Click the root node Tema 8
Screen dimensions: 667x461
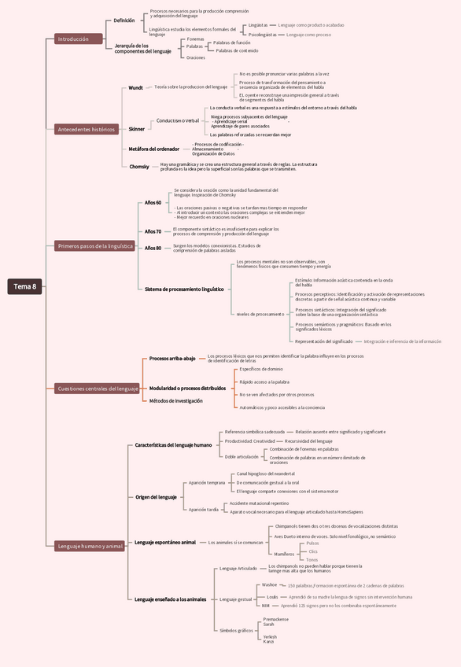tap(24, 286)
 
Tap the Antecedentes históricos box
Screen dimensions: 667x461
tap(87, 129)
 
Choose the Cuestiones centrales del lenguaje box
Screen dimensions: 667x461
tap(98, 388)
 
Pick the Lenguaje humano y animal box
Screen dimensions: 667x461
tap(90, 546)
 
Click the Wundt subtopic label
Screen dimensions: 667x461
tap(136, 88)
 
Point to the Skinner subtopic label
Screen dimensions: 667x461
tap(137, 128)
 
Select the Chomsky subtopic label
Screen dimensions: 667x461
tap(139, 167)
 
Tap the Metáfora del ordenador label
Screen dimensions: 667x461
tap(154, 149)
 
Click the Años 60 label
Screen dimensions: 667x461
tap(153, 203)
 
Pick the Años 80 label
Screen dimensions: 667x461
tap(153, 248)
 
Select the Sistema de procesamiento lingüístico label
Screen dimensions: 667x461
tap(184, 289)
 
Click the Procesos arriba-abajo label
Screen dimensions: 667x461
tap(172, 359)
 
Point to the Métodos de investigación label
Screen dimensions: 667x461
tap(176, 400)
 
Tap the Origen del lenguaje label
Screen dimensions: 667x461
tap(156, 497)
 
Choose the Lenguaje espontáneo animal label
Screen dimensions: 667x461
tap(165, 542)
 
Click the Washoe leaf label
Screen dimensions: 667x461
tap(269, 585)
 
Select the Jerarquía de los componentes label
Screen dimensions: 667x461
tap(142, 49)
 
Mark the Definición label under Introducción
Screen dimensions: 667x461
tap(124, 20)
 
